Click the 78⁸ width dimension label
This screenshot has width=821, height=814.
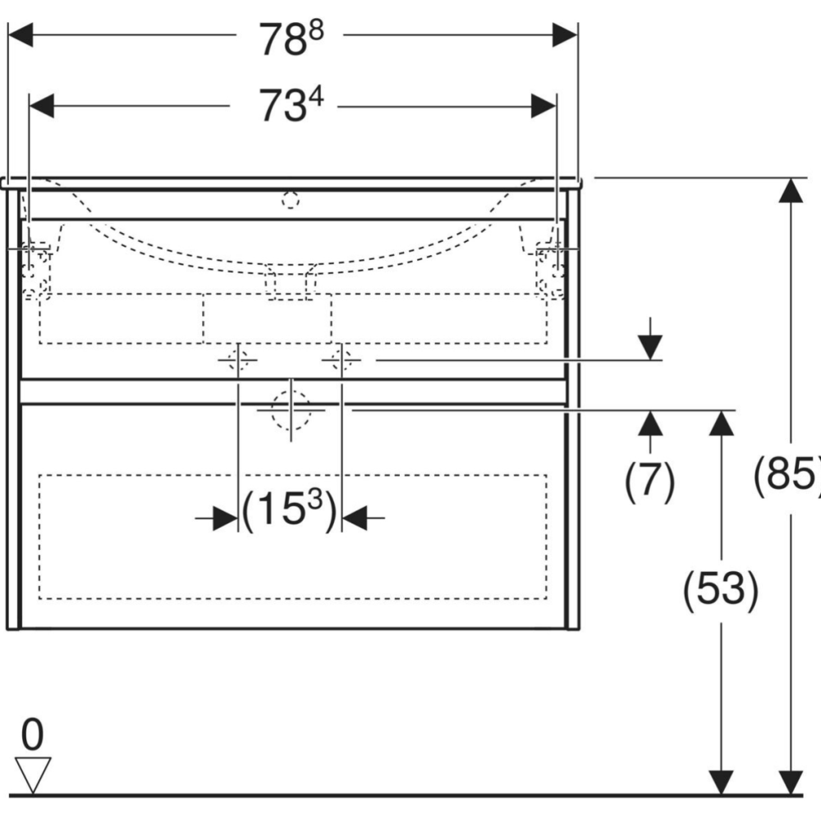tap(291, 39)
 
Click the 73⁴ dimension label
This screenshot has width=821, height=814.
tap(291, 105)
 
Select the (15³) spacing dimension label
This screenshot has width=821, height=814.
tap(290, 510)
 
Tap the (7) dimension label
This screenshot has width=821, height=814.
tap(649, 481)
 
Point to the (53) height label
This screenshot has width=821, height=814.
tap(721, 590)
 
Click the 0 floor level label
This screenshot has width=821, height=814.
tap(33, 734)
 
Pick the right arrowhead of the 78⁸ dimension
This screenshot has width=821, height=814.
tap(565, 35)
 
